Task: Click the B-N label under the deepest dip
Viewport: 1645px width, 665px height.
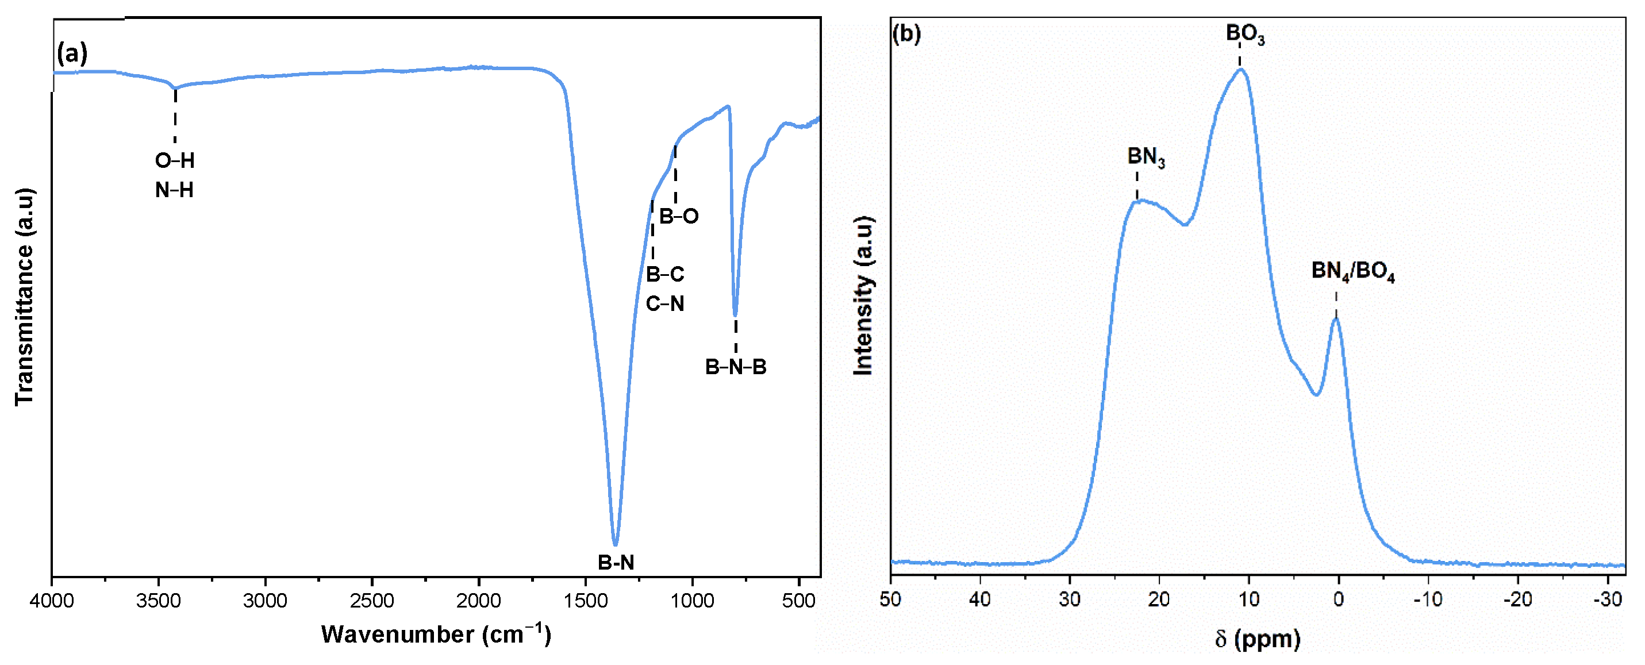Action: pyautogui.click(x=616, y=562)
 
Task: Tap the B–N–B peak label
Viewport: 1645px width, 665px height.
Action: pyautogui.click(x=735, y=367)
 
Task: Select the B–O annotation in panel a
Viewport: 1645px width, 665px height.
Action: pyautogui.click(x=679, y=217)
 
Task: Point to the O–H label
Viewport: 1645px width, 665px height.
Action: pyautogui.click(x=174, y=160)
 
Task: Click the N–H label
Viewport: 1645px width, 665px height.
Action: pyautogui.click(x=174, y=190)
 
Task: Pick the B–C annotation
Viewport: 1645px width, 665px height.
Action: pyautogui.click(x=665, y=274)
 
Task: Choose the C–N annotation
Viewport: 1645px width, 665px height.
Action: pyautogui.click(x=665, y=303)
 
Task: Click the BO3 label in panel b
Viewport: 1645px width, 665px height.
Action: pyautogui.click(x=1244, y=33)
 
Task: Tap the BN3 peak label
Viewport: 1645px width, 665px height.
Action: pyautogui.click(x=1146, y=156)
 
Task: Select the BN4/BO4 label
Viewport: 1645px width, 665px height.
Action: pyautogui.click(x=1352, y=271)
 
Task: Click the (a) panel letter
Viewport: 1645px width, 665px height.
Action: pyautogui.click(x=71, y=53)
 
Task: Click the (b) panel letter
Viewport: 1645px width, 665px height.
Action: pyautogui.click(x=906, y=34)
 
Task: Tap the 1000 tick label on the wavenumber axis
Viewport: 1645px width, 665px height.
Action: pyautogui.click(x=692, y=601)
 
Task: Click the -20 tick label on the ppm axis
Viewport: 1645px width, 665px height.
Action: pyautogui.click(x=1517, y=599)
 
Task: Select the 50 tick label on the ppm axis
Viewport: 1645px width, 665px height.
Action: pyautogui.click(x=891, y=599)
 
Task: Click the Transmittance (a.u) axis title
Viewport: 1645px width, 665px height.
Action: pyautogui.click(x=24, y=297)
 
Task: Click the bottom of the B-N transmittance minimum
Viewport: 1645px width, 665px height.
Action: pyautogui.click(x=616, y=544)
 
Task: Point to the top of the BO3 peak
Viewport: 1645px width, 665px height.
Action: pyautogui.click(x=1241, y=69)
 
